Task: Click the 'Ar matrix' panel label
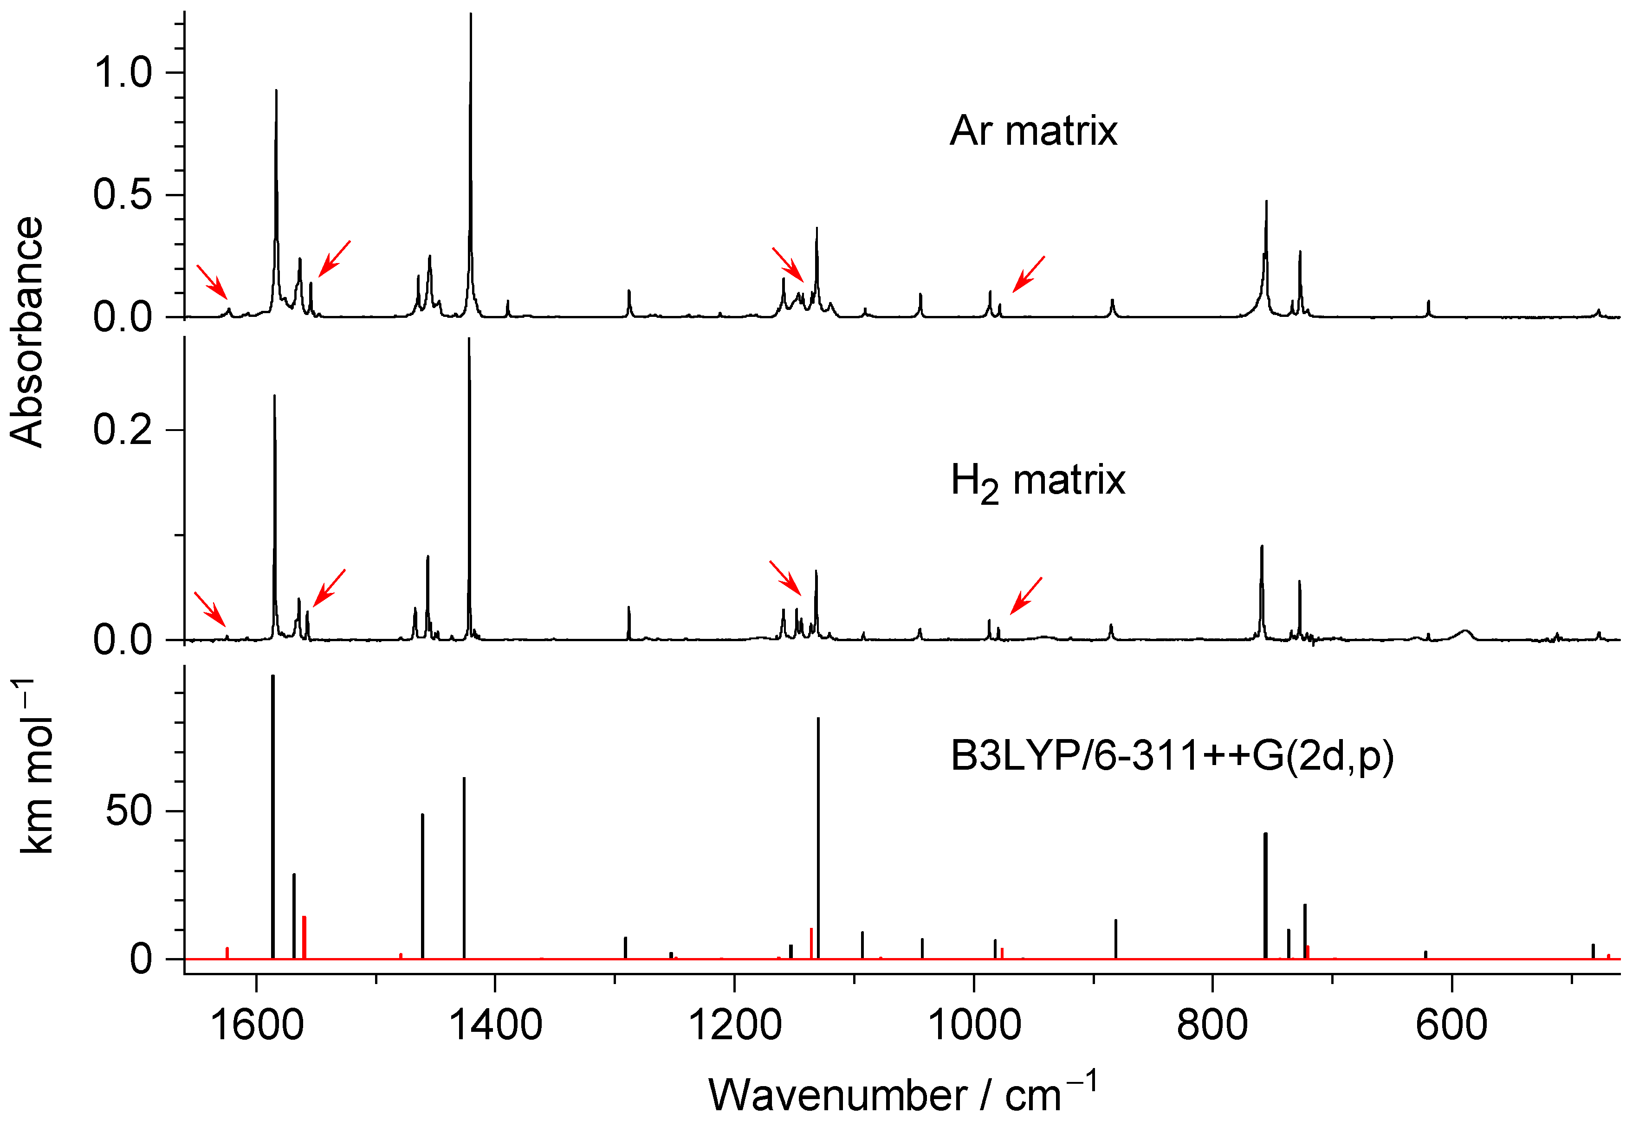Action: tap(1033, 131)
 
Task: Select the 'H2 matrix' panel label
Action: tap(1037, 483)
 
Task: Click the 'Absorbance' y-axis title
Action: tap(27, 332)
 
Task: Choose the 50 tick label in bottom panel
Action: tap(129, 811)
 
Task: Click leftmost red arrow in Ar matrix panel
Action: tap(211, 282)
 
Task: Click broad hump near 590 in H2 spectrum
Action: tap(1464, 633)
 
